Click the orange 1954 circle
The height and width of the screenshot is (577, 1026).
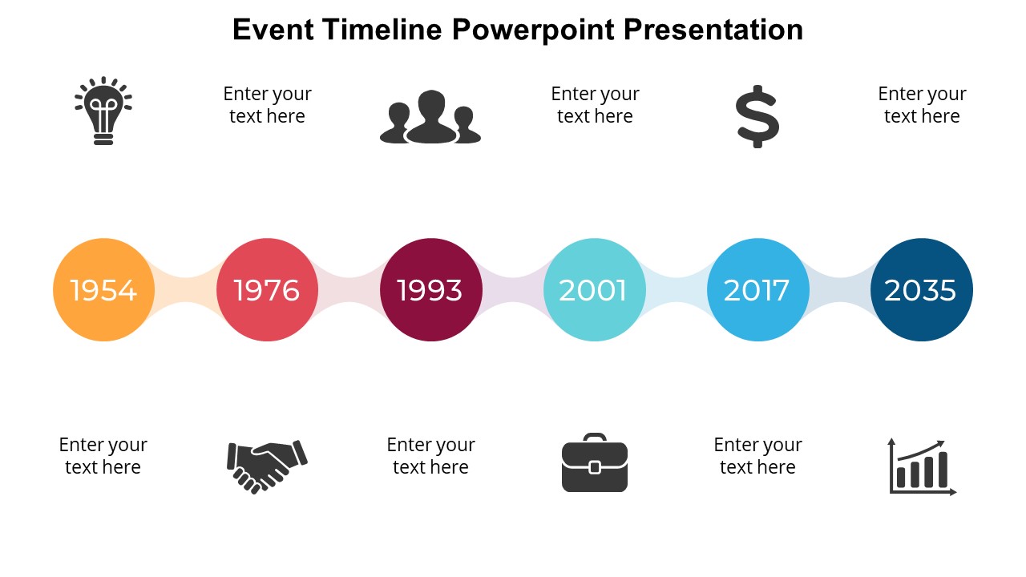pyautogui.click(x=103, y=289)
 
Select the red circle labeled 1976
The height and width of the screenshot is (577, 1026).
pyautogui.click(x=267, y=289)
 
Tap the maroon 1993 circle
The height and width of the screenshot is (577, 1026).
pyautogui.click(x=430, y=289)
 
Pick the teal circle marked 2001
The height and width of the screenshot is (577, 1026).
pyautogui.click(x=594, y=289)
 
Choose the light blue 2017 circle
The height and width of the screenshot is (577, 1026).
pyautogui.click(x=757, y=289)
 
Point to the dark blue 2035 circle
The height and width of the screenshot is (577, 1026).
pyautogui.click(x=921, y=289)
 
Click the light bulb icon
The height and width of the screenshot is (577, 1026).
pyautogui.click(x=103, y=111)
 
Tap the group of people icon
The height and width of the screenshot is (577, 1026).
pyautogui.click(x=430, y=118)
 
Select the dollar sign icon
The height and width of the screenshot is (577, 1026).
pyautogui.click(x=757, y=117)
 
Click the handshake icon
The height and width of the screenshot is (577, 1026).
pyautogui.click(x=267, y=466)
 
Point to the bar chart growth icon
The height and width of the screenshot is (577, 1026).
pyautogui.click(x=922, y=466)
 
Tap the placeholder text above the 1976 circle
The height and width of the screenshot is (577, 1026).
pyautogui.click(x=267, y=105)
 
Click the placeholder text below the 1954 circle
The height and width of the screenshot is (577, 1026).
pyautogui.click(x=103, y=456)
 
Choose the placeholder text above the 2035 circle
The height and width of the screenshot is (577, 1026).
pyautogui.click(x=922, y=105)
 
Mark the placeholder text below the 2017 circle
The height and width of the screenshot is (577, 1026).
pyautogui.click(x=757, y=456)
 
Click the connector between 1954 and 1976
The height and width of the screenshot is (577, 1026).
pyautogui.click(x=185, y=289)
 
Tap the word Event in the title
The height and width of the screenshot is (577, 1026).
pyautogui.click(x=273, y=30)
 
